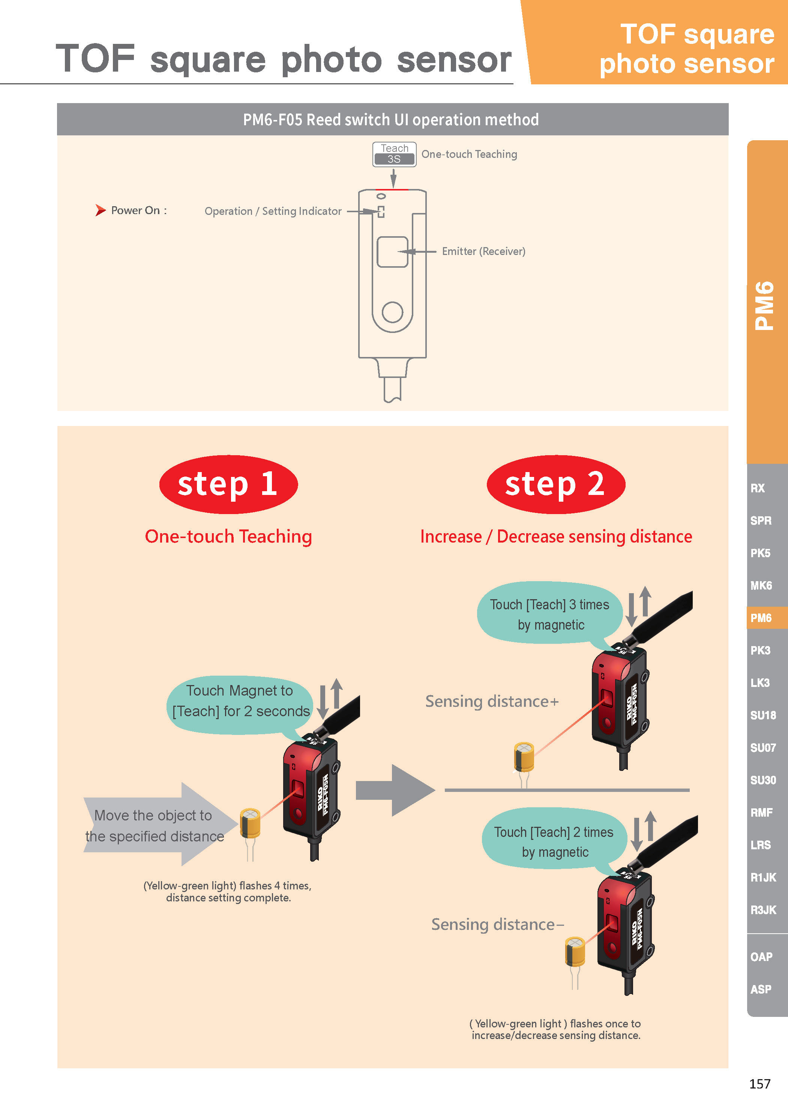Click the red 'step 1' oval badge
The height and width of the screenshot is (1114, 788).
pyautogui.click(x=228, y=484)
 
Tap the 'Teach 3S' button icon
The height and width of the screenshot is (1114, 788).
pyautogui.click(x=394, y=154)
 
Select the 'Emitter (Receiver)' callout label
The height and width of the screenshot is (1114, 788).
pyautogui.click(x=483, y=251)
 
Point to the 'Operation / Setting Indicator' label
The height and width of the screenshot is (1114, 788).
pyautogui.click(x=273, y=211)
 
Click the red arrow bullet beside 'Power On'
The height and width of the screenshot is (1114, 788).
pyautogui.click(x=101, y=210)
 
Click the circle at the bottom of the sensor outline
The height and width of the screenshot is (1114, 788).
pyautogui.click(x=392, y=312)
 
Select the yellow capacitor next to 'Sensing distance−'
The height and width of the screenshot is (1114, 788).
pyautogui.click(x=575, y=952)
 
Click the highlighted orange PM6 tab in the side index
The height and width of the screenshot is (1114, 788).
pyautogui.click(x=764, y=618)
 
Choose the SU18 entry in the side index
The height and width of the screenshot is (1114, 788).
pyautogui.click(x=763, y=715)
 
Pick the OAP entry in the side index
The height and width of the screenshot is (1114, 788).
pyautogui.click(x=761, y=957)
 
